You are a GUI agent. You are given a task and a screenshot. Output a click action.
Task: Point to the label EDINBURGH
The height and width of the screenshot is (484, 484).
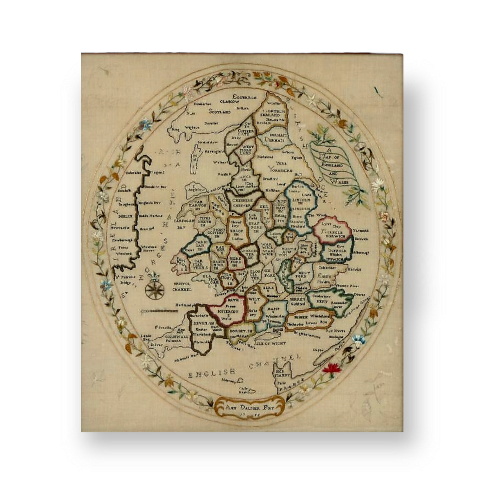pyautogui.click(x=245, y=97)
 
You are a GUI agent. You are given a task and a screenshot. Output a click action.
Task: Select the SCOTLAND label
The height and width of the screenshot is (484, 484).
pyautogui.click(x=220, y=112)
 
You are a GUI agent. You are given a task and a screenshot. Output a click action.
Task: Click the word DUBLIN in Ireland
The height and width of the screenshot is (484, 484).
pyautogui.click(x=125, y=216)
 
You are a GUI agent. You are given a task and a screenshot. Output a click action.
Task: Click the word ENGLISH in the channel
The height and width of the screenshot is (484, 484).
pyautogui.click(x=212, y=373)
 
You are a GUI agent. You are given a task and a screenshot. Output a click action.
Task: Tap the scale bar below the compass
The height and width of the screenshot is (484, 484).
pyautogui.click(x=159, y=311)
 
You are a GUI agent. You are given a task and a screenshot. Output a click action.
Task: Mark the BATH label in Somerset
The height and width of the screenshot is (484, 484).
pyautogui.click(x=233, y=300)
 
